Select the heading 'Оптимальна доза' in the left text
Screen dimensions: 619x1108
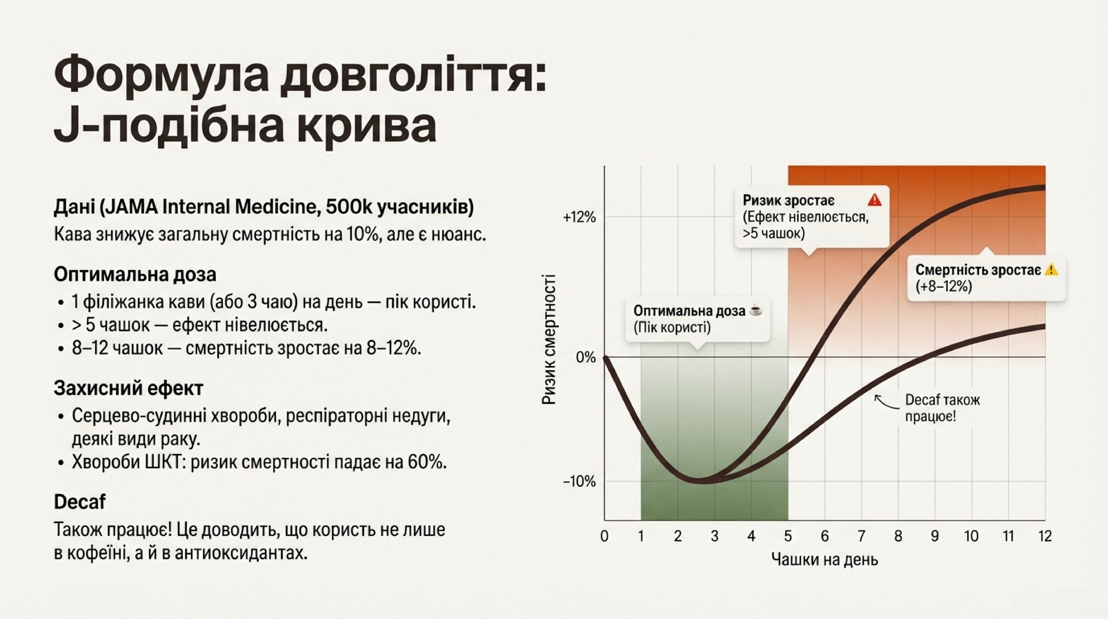tap(135, 274)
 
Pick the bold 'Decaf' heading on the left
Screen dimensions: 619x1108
tap(80, 501)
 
